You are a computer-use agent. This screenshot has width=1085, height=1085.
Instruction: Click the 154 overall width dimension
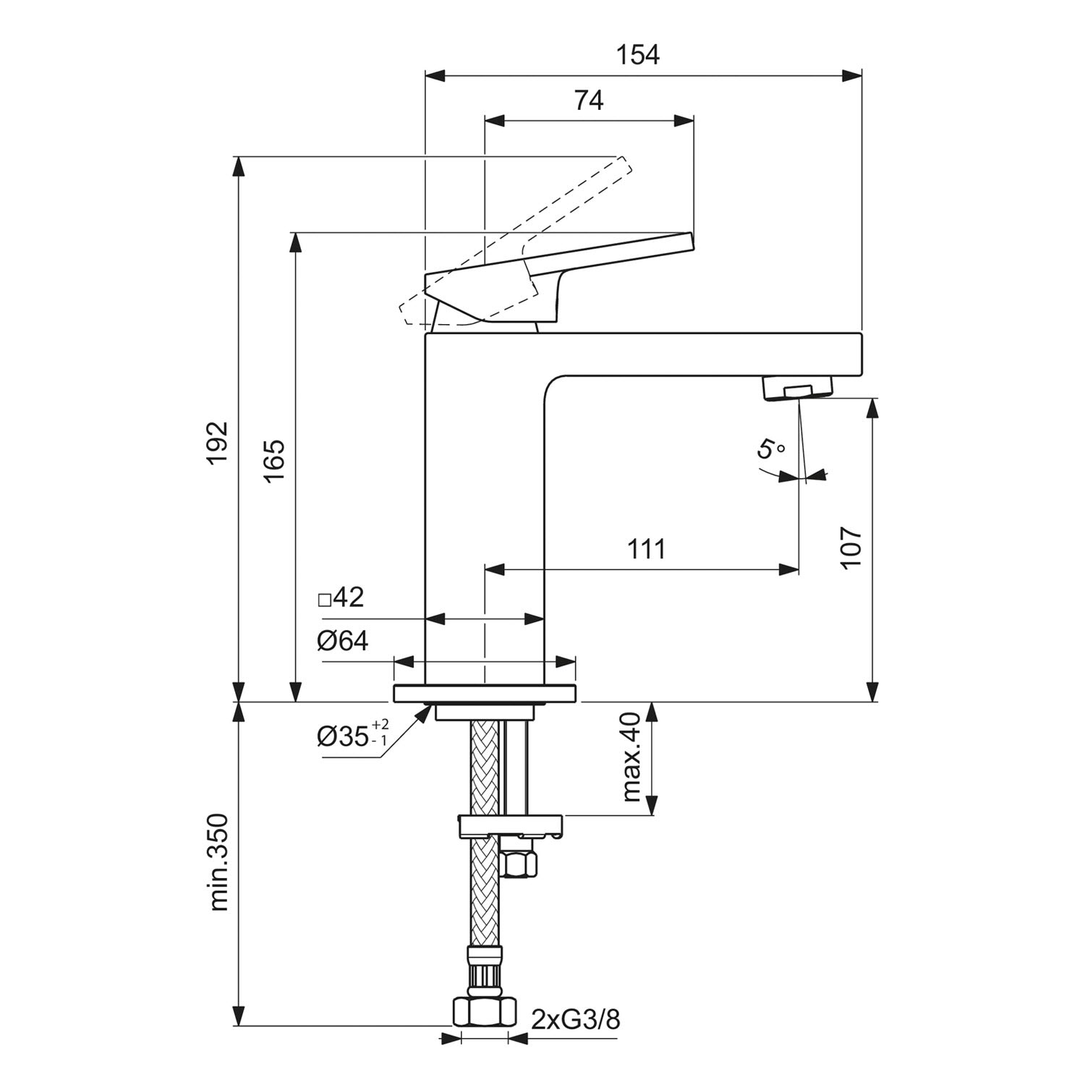[x=638, y=55]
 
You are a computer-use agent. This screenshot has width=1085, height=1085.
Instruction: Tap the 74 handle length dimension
[x=589, y=101]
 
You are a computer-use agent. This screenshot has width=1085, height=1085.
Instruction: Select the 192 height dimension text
[x=218, y=442]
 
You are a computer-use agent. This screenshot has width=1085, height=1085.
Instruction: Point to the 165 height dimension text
[x=274, y=461]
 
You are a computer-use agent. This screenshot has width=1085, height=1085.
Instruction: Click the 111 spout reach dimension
[x=646, y=550]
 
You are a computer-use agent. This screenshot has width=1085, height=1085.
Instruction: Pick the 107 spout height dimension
[x=852, y=547]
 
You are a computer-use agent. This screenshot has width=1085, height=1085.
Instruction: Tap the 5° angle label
[x=770, y=448]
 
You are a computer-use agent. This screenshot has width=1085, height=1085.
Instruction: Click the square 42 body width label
[x=341, y=598]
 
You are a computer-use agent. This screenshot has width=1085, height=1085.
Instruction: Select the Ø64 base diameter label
[x=342, y=641]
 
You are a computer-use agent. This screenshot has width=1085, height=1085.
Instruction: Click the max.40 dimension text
[x=631, y=757]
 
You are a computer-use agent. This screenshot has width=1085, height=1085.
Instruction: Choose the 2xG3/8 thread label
[x=576, y=1021]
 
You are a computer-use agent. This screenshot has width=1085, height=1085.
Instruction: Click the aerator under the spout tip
[x=798, y=388]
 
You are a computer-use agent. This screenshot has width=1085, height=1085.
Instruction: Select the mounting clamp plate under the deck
[x=511, y=825]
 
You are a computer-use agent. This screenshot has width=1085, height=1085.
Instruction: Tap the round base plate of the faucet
[x=485, y=693]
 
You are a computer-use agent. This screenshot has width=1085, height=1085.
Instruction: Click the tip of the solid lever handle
[x=687, y=240]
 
